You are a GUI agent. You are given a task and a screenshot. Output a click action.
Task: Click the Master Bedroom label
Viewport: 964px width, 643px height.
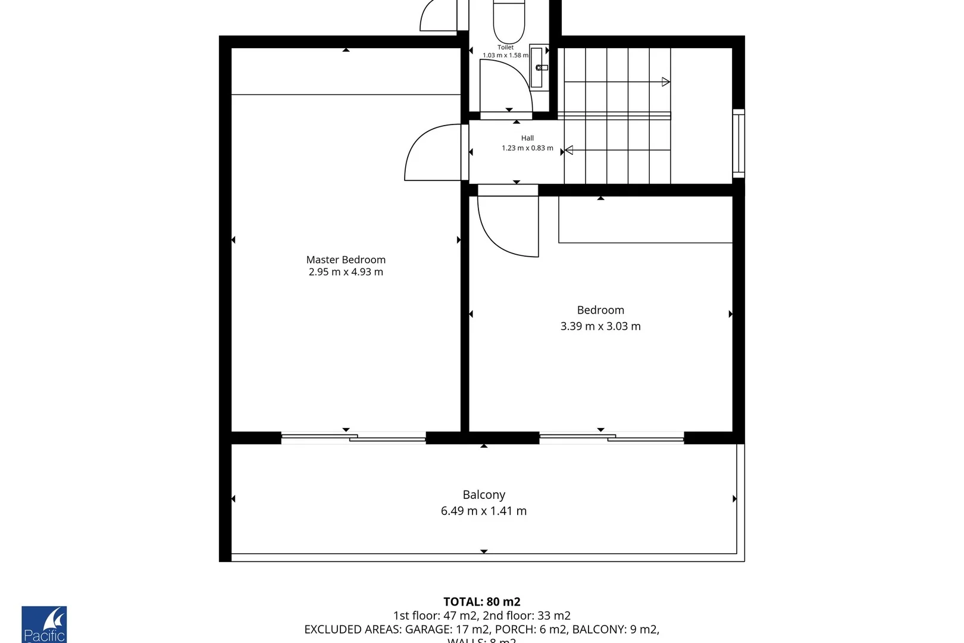(346, 260)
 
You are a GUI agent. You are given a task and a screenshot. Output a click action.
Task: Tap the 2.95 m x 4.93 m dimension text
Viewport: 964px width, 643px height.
(346, 272)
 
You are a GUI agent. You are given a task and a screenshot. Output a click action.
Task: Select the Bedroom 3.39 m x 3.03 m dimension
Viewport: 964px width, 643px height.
(600, 326)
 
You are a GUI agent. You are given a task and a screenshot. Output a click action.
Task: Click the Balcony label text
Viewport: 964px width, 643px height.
(484, 495)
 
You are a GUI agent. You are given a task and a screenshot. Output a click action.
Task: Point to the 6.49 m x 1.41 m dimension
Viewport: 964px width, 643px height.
(484, 511)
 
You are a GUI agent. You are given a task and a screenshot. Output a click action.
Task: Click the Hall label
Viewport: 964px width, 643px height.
(527, 138)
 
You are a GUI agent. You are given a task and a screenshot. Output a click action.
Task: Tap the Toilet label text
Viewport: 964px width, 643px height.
(505, 47)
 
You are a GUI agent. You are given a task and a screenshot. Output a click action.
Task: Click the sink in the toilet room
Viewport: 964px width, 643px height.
(539, 67)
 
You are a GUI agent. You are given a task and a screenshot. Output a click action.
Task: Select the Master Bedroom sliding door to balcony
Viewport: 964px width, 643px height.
(353, 438)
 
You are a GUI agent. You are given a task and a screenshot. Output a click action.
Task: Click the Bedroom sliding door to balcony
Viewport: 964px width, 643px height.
(612, 438)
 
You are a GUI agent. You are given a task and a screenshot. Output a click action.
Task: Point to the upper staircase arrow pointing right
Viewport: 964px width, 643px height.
(666, 82)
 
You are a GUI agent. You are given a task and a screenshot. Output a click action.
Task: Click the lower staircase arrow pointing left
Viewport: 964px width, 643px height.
(568, 150)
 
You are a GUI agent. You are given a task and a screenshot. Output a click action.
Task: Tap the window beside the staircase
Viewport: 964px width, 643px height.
(738, 143)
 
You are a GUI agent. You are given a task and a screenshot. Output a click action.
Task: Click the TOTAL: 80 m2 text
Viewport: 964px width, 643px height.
(481, 602)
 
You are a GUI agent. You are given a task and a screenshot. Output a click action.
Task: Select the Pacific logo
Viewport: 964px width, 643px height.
(44, 625)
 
